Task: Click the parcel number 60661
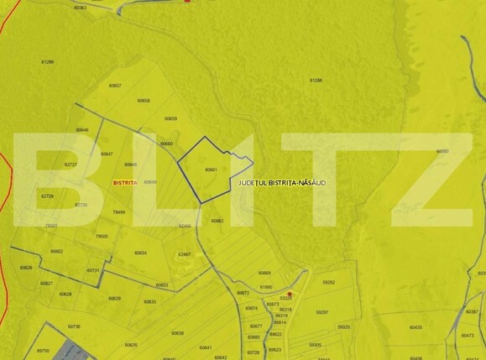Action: pyautogui.click(x=211, y=170)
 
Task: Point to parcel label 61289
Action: pyautogui.click(x=48, y=62)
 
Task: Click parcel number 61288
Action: pyautogui.click(x=316, y=80)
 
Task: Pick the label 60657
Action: pyautogui.click(x=115, y=86)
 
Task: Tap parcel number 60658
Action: pyautogui.click(x=144, y=101)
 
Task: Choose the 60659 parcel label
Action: pyautogui.click(x=170, y=118)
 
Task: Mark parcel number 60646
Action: pyautogui.click(x=82, y=130)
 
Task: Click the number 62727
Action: pyautogui.click(x=71, y=164)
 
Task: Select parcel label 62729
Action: pyautogui.click(x=47, y=196)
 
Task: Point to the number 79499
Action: pyautogui.click(x=119, y=212)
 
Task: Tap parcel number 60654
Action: pyautogui.click(x=140, y=253)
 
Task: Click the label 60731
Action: pyautogui.click(x=93, y=270)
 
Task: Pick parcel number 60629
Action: pyautogui.click(x=113, y=298)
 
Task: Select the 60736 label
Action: pyautogui.click(x=74, y=326)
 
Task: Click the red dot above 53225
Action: pyautogui.click(x=289, y=293)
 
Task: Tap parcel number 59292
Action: pyautogui.click(x=329, y=283)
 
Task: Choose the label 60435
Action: pyautogui.click(x=415, y=326)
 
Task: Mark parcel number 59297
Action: pyautogui.click(x=321, y=311)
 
